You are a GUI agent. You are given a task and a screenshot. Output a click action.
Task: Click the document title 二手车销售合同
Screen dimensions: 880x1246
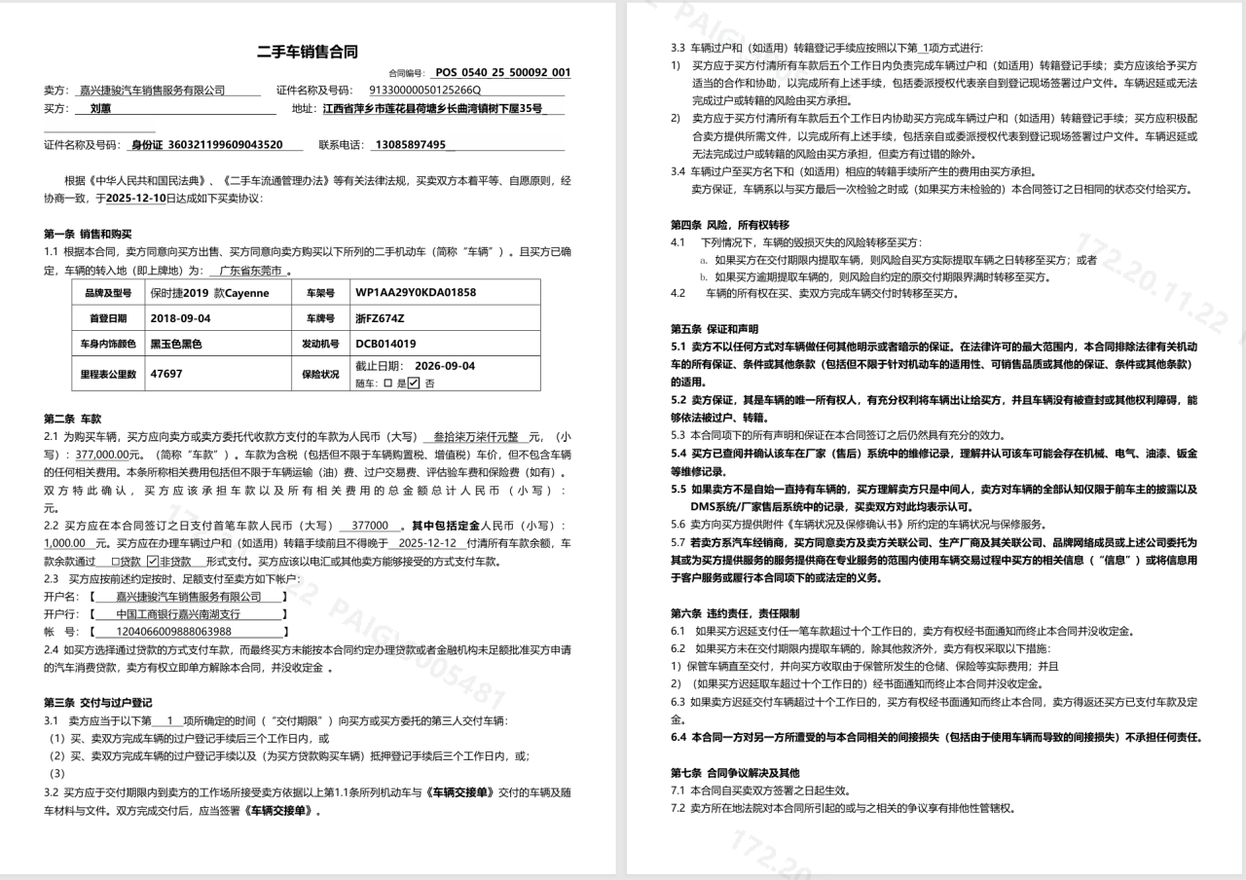[307, 52]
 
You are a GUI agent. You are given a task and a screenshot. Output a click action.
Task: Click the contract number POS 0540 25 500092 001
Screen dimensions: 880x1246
[502, 72]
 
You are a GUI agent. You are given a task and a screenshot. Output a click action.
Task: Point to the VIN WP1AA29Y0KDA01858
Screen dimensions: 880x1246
[416, 292]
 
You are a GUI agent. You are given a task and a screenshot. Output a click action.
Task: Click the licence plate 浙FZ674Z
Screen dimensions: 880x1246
[380, 318]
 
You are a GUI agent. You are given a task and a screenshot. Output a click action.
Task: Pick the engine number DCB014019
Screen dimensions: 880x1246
[385, 344]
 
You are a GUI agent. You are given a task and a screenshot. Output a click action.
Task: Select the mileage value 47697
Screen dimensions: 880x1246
[165, 373]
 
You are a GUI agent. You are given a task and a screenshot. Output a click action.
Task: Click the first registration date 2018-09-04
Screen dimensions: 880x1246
[180, 318]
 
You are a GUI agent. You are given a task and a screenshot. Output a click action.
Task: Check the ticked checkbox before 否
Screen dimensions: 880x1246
[414, 383]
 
